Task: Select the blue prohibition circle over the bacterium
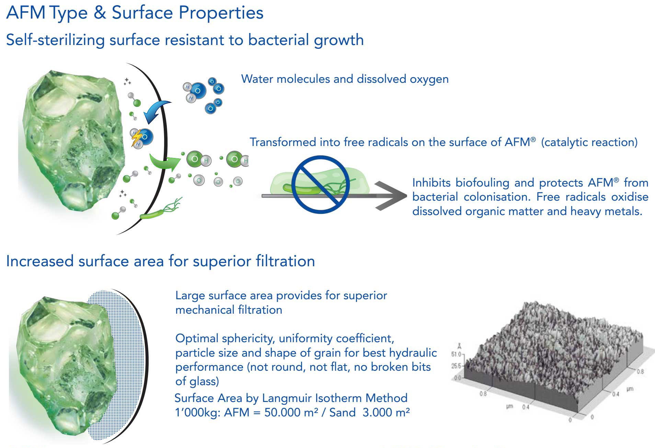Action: (320, 184)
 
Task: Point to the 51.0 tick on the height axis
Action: (457, 354)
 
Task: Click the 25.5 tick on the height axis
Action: (457, 366)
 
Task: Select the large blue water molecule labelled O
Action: (198, 91)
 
